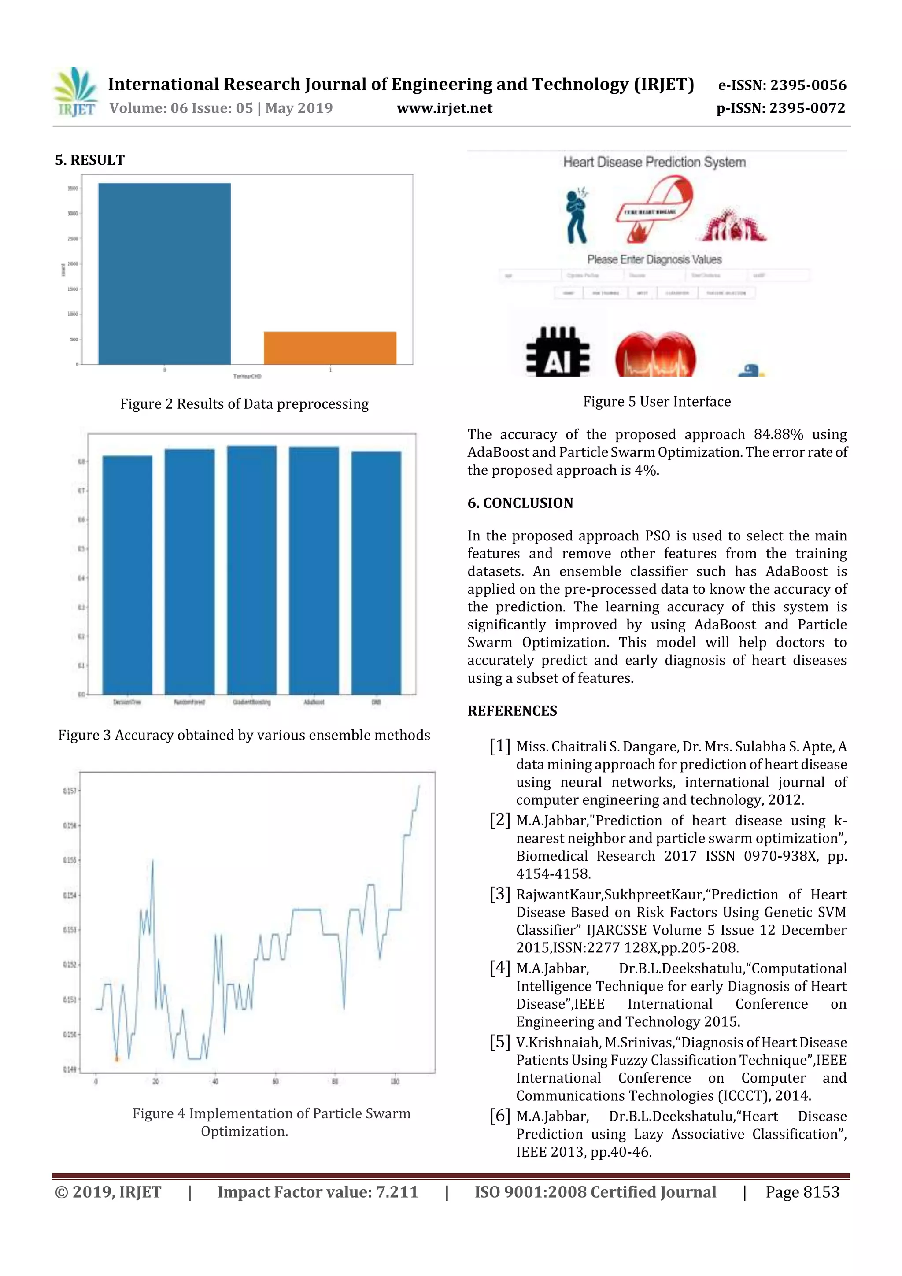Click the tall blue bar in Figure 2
165,274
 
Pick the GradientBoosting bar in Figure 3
252,570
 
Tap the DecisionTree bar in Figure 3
127,575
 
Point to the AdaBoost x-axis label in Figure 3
314,702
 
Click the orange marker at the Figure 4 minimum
117,1059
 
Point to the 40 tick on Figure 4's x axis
215,1081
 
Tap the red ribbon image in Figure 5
654,208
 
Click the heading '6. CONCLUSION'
520,503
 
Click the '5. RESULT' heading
90,160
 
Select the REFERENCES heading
512,711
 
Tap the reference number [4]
499,968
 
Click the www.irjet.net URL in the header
444,108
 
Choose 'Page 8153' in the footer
802,1191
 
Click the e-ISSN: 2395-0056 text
782,85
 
